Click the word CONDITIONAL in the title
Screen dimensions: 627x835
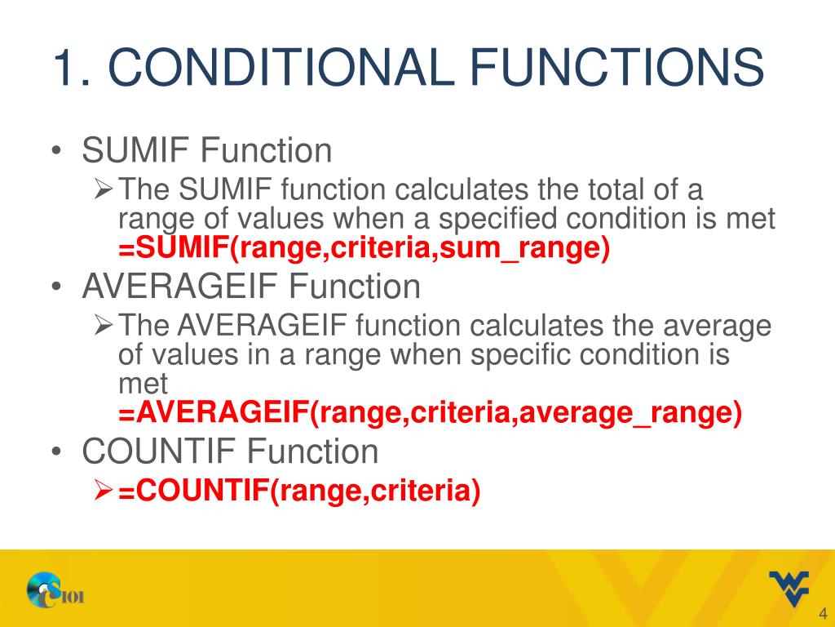tap(281, 68)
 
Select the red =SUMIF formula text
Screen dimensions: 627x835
tap(364, 248)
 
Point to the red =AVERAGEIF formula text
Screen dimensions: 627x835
tap(431, 413)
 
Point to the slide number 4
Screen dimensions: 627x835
tap(822, 615)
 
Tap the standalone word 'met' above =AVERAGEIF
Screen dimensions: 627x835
tap(143, 384)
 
